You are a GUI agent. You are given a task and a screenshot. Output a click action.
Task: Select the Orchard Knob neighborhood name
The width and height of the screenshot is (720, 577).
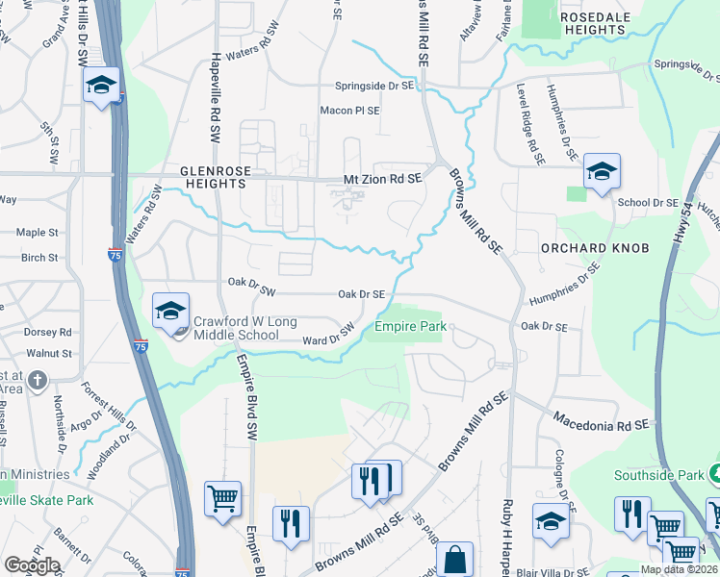coord(594,247)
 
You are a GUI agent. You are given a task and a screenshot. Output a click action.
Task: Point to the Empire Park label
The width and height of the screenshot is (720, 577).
coord(409,327)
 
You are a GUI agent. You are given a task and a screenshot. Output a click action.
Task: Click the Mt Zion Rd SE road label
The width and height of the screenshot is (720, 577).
coord(383,179)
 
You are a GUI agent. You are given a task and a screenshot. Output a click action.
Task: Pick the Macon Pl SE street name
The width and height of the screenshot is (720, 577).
coord(349,111)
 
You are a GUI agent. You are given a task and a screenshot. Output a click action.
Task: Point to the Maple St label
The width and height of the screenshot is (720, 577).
coord(38,232)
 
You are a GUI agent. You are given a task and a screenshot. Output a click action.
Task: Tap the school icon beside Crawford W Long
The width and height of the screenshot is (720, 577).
coord(170,310)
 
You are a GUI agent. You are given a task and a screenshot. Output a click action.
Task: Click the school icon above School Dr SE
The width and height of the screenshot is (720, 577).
coord(602,172)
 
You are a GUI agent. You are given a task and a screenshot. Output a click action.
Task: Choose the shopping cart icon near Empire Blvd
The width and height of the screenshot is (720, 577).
coord(222,499)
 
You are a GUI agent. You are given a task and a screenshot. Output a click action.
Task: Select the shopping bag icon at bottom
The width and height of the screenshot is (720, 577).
coord(454,561)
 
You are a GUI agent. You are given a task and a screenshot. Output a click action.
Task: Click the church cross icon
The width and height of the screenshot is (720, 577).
coord(38,381)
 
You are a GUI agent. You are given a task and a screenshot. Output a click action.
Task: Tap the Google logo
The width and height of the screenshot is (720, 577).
coord(32,565)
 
